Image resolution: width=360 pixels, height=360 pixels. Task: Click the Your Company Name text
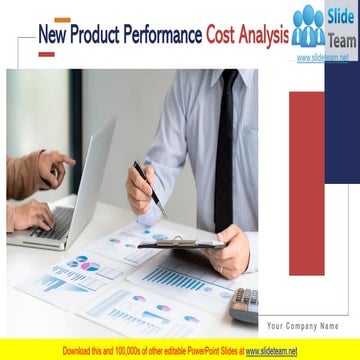point(302,326)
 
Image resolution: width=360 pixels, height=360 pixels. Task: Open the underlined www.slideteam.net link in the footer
point(271,351)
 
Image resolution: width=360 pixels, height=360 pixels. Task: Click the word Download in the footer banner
point(79,351)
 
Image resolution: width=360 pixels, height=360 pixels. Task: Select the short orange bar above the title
point(62,19)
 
